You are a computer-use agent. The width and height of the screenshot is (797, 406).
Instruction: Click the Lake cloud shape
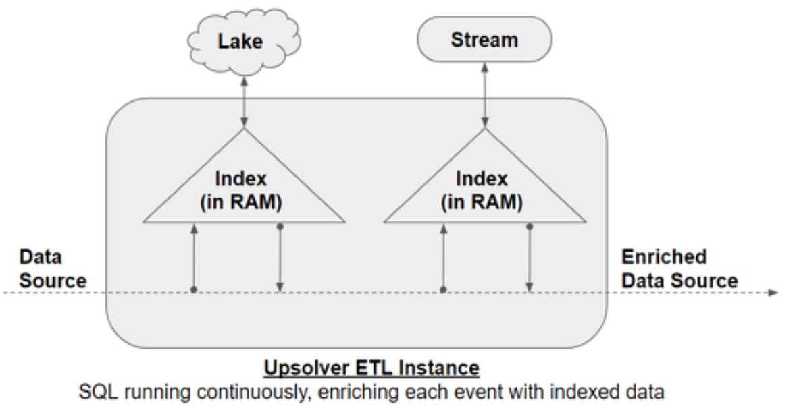241,42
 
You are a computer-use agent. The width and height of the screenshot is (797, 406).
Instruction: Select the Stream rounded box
484,40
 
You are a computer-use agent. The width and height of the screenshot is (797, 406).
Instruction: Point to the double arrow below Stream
484,95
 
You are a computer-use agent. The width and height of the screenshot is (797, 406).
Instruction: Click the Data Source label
53,268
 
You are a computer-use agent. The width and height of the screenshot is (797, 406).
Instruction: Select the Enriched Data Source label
679,268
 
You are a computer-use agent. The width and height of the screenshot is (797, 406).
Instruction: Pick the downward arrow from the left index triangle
280,259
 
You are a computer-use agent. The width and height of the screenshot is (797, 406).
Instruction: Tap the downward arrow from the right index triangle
530,259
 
